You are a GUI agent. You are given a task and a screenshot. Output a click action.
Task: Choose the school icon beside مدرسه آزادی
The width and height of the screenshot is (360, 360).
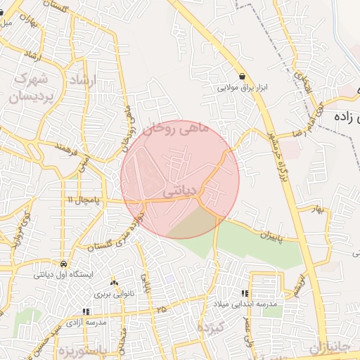point(86,311)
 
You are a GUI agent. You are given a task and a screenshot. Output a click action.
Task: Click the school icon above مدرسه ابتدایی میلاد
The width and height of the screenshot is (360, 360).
point(245,293)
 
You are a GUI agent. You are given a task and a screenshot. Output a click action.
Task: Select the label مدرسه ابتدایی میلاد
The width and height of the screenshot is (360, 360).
point(246,304)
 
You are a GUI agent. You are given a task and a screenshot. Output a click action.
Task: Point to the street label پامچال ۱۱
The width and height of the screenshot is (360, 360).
point(84,200)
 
